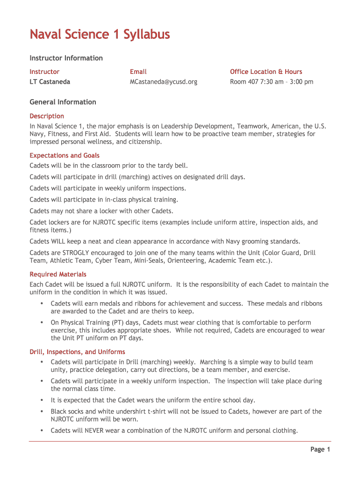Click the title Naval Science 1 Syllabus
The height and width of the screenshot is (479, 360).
click(100, 35)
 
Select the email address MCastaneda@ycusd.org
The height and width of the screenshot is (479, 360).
click(164, 82)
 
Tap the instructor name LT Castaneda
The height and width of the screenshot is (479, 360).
click(50, 82)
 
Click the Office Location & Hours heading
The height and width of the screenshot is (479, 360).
click(266, 72)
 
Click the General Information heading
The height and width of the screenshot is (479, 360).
click(63, 102)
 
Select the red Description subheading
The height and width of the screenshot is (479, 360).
click(47, 116)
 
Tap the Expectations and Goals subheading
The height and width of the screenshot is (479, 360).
click(65, 155)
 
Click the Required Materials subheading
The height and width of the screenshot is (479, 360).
click(58, 275)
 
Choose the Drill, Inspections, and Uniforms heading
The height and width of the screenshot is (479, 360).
click(77, 352)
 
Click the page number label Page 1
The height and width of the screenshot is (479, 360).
click(320, 450)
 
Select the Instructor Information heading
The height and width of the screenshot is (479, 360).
click(66, 58)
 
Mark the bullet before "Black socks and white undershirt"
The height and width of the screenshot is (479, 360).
click(42, 412)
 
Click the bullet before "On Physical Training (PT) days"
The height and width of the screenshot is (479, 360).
click(42, 323)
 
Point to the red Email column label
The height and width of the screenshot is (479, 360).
click(138, 72)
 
